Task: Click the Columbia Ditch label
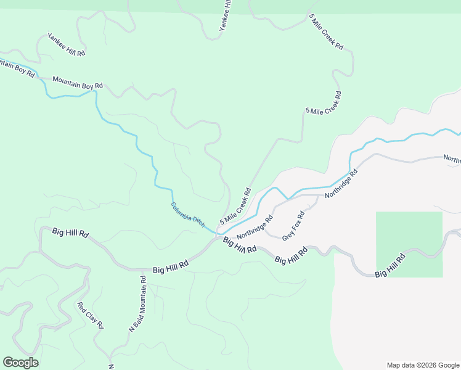(x=187, y=215)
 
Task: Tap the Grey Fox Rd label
(x=293, y=226)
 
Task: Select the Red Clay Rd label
(x=90, y=316)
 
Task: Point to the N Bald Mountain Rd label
(x=137, y=304)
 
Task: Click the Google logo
(x=20, y=363)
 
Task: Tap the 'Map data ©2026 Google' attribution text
(x=422, y=364)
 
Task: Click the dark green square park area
(x=409, y=244)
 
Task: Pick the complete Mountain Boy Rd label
(x=77, y=82)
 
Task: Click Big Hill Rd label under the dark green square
(x=391, y=265)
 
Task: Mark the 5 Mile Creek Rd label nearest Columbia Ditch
(x=235, y=206)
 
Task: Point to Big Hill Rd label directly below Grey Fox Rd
(x=291, y=256)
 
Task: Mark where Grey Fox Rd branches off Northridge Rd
(x=319, y=196)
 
